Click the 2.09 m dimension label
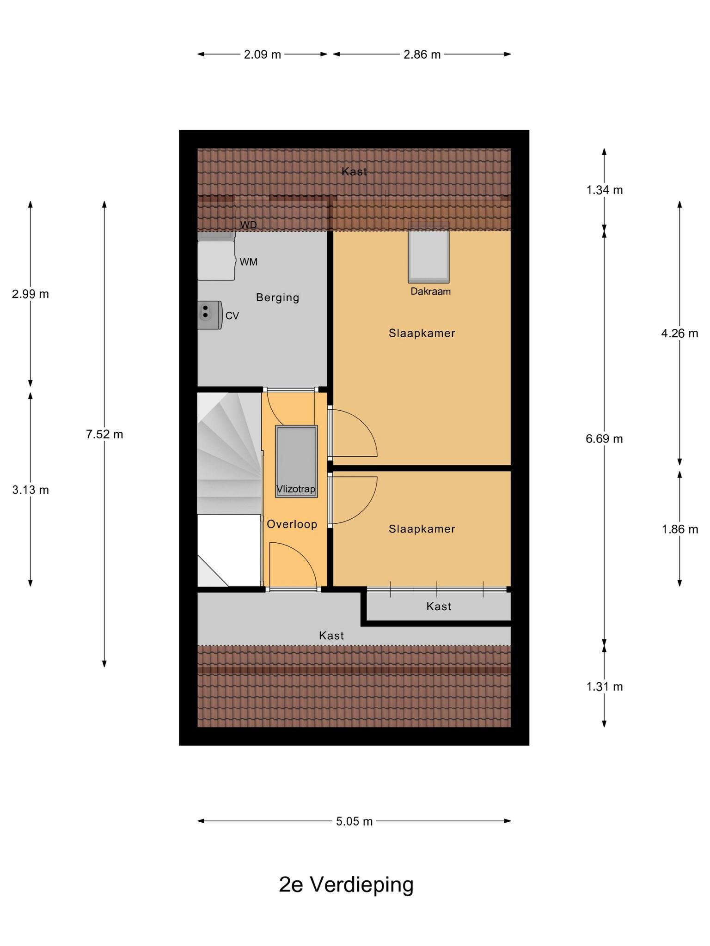pyautogui.click(x=263, y=55)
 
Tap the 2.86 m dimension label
pyautogui.click(x=422, y=55)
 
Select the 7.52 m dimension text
pyautogui.click(x=104, y=434)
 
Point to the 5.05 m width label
pyautogui.click(x=354, y=821)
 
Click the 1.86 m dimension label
pyautogui.click(x=679, y=529)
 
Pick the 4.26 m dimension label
pyautogui.click(x=679, y=333)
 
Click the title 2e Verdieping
pyautogui.click(x=346, y=885)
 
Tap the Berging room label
pyautogui.click(x=278, y=297)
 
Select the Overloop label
pyautogui.click(x=292, y=524)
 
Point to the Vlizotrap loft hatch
pyautogui.click(x=296, y=461)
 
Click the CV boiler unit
pyautogui.click(x=209, y=315)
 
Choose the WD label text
pyautogui.click(x=248, y=225)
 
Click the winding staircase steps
pyautogui.click(x=229, y=453)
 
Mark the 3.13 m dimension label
pyautogui.click(x=31, y=490)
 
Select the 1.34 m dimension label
pyautogui.click(x=605, y=190)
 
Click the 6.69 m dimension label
pyautogui.click(x=605, y=439)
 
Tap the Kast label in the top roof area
pyautogui.click(x=355, y=172)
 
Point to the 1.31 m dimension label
pyautogui.click(x=605, y=687)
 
